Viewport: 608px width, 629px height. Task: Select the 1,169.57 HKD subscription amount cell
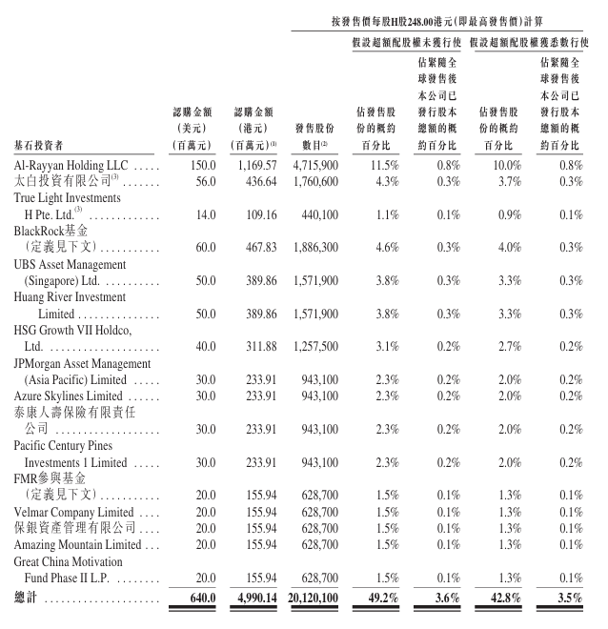[254, 165]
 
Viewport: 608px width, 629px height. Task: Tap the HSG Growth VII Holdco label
[72, 329]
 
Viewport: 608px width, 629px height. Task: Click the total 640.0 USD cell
[195, 598]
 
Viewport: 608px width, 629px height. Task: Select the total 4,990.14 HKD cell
[254, 598]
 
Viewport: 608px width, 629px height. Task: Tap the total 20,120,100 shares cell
[310, 598]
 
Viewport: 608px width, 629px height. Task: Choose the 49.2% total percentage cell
[380, 598]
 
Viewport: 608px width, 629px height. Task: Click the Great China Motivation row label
[69, 562]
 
